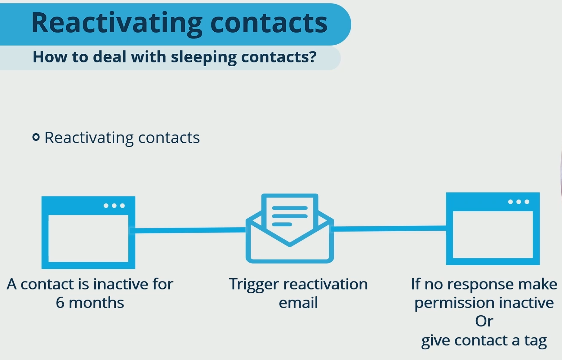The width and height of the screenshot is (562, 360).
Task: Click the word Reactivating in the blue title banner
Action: (116, 23)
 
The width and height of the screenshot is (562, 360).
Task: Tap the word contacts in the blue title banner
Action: (269, 23)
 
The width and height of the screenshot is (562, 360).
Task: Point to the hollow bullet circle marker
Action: (36, 137)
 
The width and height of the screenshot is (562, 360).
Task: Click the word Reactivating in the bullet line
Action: (89, 138)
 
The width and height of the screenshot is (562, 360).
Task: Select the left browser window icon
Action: (88, 232)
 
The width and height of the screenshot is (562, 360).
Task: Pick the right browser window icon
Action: (493, 229)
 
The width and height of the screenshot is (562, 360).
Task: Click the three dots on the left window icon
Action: (114, 206)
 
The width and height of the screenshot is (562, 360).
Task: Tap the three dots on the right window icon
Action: (518, 202)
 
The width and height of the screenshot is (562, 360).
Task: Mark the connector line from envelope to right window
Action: (389, 228)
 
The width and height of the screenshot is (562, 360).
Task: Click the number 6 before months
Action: (60, 303)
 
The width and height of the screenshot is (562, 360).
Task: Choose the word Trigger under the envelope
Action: (254, 285)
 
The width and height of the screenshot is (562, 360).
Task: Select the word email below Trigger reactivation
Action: (298, 303)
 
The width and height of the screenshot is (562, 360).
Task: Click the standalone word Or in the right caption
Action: (484, 321)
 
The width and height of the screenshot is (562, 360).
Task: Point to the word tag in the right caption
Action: (535, 341)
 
